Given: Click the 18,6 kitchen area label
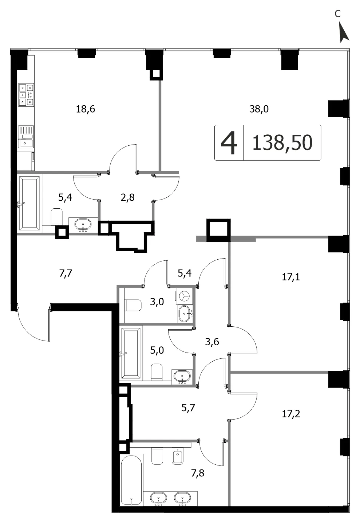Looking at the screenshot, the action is point(86,109).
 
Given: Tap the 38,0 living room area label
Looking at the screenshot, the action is point(259,109).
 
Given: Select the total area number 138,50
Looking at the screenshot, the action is point(282,143).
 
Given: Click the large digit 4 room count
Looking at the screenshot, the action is point(229,143).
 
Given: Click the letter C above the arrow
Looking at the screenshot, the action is point(337,14).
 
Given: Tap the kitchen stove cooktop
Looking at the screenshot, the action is point(26,95).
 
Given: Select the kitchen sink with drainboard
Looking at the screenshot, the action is point(26,137).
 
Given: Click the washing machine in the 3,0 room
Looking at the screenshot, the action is point(184,296).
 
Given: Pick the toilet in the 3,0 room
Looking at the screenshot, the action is point(133,305).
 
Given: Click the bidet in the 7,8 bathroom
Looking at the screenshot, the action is point(178,456).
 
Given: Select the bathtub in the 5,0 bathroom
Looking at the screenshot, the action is point(131,353).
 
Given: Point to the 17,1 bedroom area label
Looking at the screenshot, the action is point(291,277).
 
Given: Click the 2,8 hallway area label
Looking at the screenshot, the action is point(128,197).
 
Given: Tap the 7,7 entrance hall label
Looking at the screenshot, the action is point(65,273).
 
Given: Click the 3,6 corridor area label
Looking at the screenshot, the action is point(212,342).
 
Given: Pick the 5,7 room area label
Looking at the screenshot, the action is point(188,408).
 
